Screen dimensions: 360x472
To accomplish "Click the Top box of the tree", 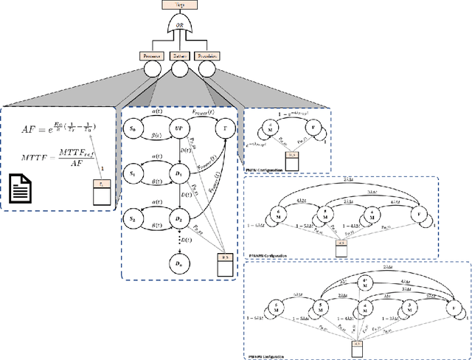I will (x=180, y=5).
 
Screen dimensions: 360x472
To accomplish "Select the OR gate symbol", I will (x=180, y=27).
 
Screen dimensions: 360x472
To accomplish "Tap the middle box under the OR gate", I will (x=180, y=55).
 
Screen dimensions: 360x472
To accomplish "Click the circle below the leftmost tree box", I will (x=153, y=70).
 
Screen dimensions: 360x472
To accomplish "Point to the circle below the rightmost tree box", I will (x=207, y=70).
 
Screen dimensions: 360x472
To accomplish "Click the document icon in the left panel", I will (x=25, y=188).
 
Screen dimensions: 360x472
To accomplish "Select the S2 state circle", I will (x=133, y=218).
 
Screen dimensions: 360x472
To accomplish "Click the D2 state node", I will (x=177, y=219).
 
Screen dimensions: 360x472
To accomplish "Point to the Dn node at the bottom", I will (x=177, y=262).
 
